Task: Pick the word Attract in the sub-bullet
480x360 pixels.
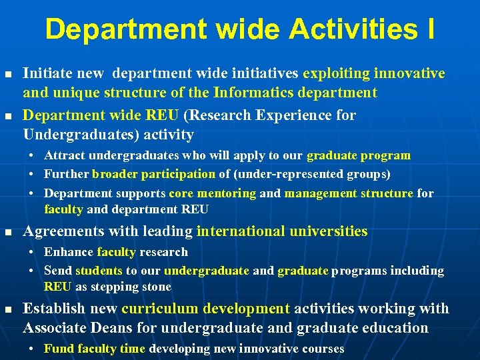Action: pyautogui.click(x=64, y=155)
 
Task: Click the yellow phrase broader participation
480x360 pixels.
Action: pyautogui.click(x=153, y=174)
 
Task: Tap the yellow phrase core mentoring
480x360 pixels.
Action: pyautogui.click(x=212, y=193)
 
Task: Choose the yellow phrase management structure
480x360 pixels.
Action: pyautogui.click(x=349, y=193)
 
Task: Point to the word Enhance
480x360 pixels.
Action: pyautogui.click(x=69, y=252)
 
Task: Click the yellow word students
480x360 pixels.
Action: pyautogui.click(x=99, y=271)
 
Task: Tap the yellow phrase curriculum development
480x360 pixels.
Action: pyautogui.click(x=205, y=309)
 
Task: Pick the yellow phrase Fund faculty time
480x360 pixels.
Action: pyautogui.click(x=95, y=349)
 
